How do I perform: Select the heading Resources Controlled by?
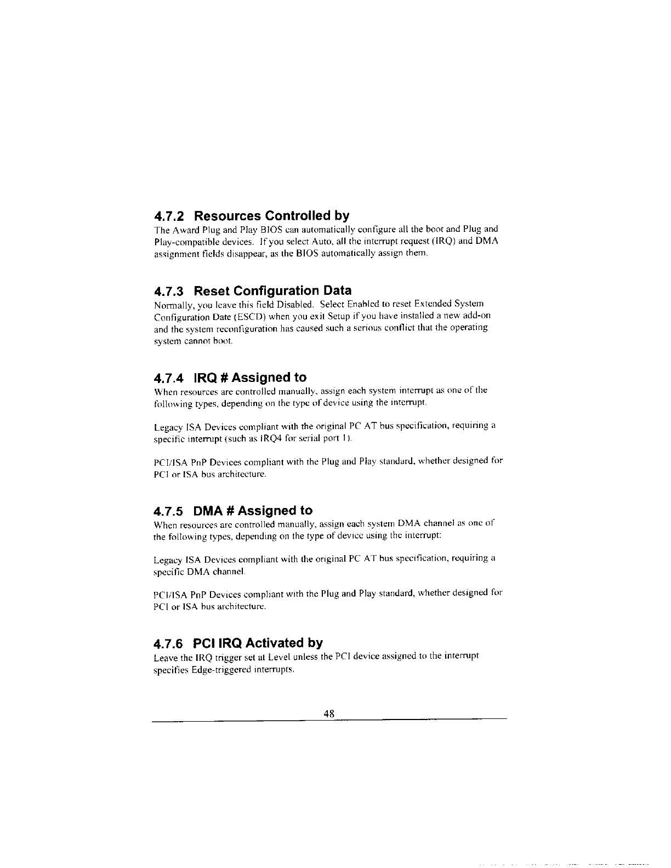tap(271, 214)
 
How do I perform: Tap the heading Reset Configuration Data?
tap(273, 290)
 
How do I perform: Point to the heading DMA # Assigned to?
tap(253, 511)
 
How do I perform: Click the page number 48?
tap(329, 713)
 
